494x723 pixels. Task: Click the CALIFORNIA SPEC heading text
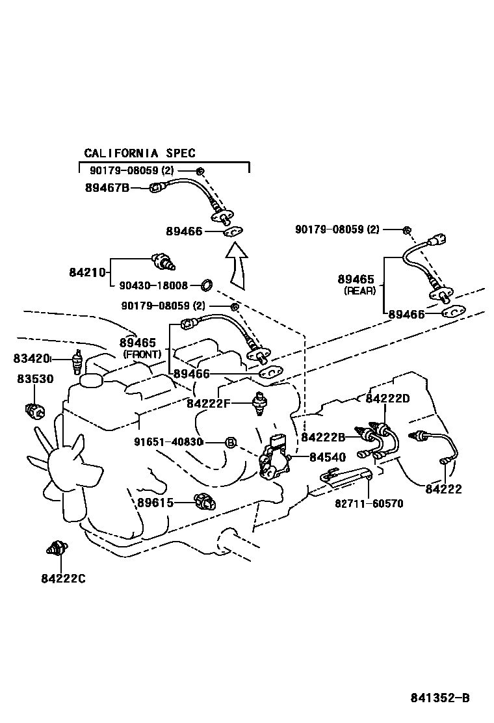point(140,153)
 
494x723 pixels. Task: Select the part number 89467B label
point(107,188)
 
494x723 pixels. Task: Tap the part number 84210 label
point(88,272)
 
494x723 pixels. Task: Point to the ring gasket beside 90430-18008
point(207,285)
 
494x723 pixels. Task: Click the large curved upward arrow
point(239,267)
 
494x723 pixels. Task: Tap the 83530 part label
point(34,378)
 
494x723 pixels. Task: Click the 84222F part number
point(209,403)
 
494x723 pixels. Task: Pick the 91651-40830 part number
point(169,441)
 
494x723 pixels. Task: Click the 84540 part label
point(327,457)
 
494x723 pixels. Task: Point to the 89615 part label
point(155,502)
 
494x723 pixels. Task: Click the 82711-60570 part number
point(369,503)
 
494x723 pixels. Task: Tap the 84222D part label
point(388,398)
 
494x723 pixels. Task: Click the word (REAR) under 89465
point(359,291)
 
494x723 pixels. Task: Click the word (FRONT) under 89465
point(141,354)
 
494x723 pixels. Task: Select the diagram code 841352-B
point(439,698)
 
